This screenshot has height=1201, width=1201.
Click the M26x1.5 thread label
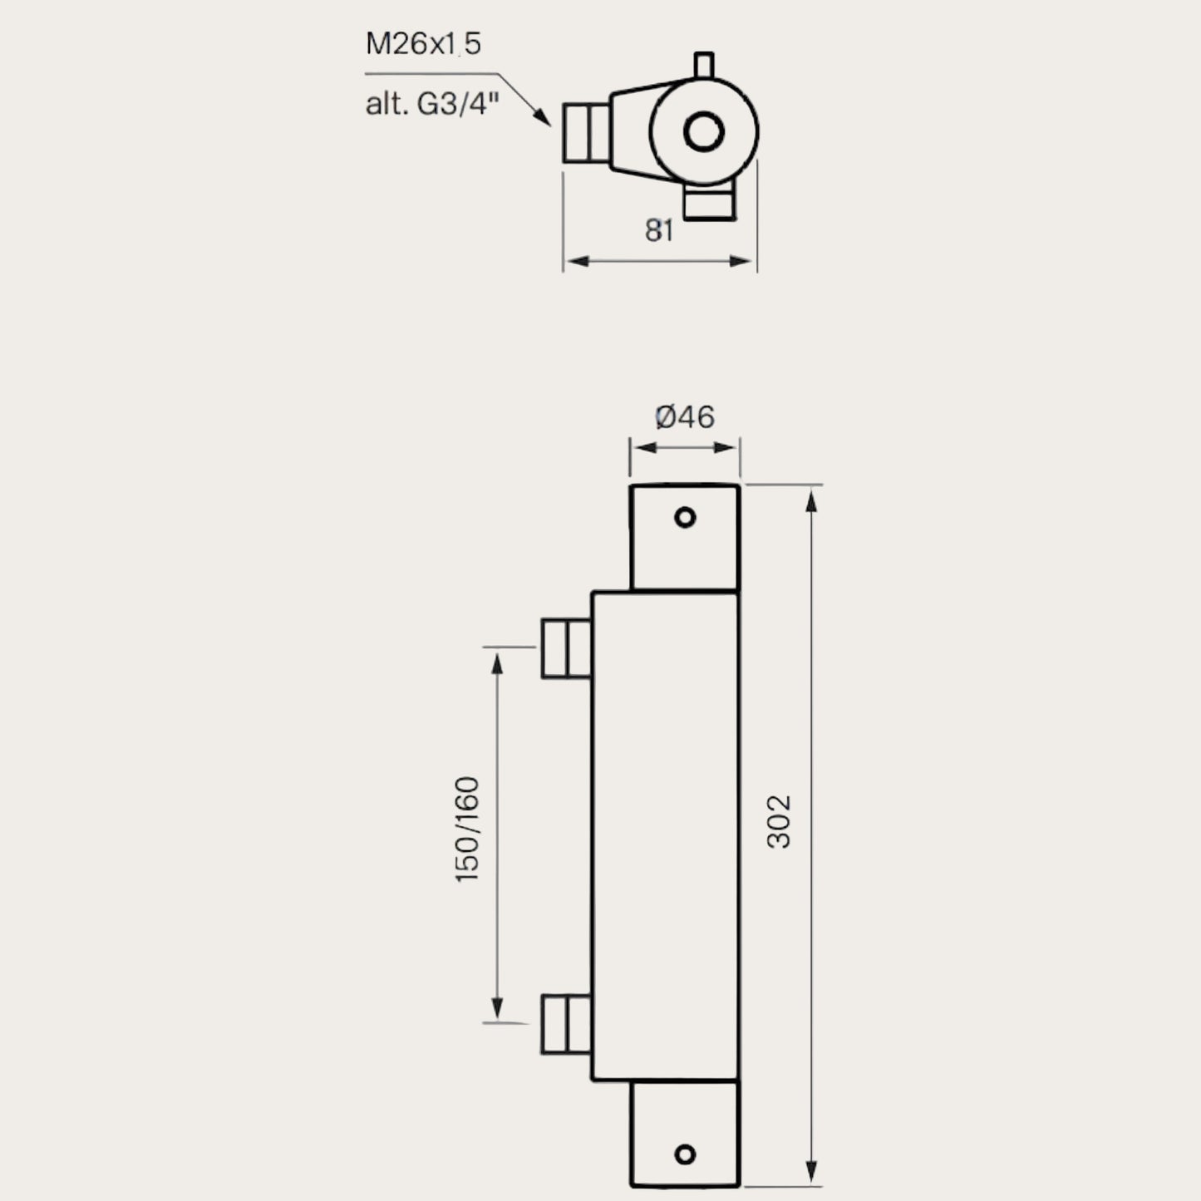pyautogui.click(x=423, y=43)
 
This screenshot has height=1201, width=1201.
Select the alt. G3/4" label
pyautogui.click(x=432, y=105)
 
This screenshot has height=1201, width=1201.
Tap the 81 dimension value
pyautogui.click(x=659, y=231)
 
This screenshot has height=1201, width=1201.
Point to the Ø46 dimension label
pyautogui.click(x=684, y=416)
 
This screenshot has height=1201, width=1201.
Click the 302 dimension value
pyautogui.click(x=779, y=821)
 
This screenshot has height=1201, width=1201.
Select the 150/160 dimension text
pyautogui.click(x=469, y=829)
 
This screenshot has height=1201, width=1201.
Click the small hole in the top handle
pyautogui.click(x=685, y=518)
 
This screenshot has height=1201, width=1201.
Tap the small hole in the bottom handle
pyautogui.click(x=685, y=1154)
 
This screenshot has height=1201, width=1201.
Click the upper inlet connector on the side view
pyautogui.click(x=566, y=647)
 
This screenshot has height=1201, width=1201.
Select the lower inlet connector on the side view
pyautogui.click(x=566, y=1024)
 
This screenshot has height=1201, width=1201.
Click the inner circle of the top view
pyautogui.click(x=703, y=132)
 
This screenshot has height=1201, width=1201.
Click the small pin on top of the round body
pyautogui.click(x=703, y=66)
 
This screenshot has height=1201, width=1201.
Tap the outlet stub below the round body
pyautogui.click(x=709, y=204)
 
